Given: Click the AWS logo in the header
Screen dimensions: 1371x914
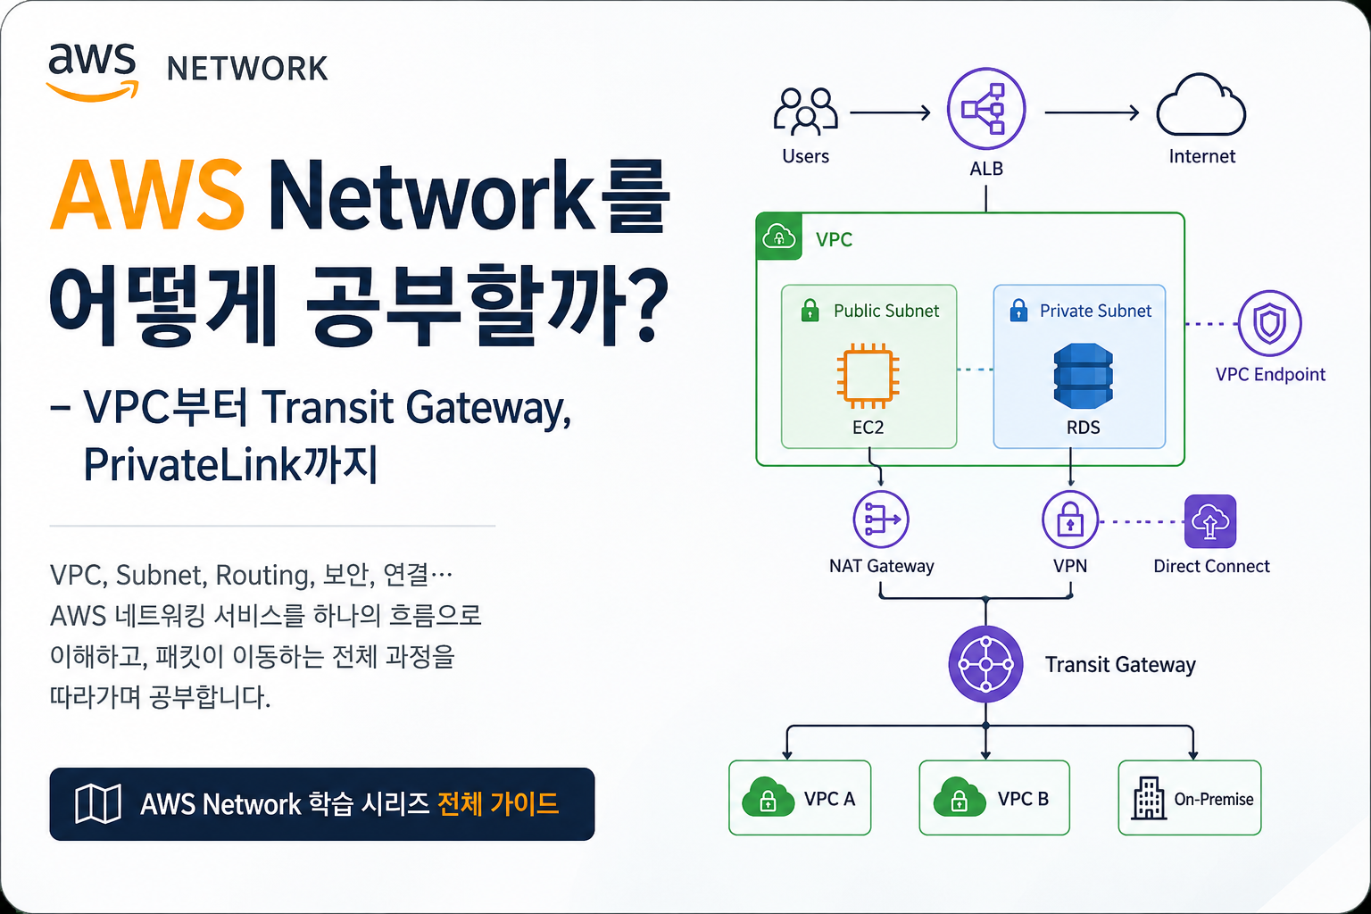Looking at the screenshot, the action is (x=93, y=72).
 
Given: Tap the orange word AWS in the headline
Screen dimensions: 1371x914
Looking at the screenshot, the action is (x=147, y=195).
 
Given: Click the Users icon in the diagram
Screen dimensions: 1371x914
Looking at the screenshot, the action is (x=805, y=112).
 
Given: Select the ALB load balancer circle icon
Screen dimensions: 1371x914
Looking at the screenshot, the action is (x=986, y=108).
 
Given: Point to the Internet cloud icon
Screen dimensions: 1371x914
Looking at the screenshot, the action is (x=1201, y=104).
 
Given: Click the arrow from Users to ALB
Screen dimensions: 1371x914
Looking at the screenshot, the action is (x=890, y=112).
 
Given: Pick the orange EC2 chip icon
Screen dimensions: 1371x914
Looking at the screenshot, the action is (x=868, y=376).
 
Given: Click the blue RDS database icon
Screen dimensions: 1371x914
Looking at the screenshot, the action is (x=1083, y=376).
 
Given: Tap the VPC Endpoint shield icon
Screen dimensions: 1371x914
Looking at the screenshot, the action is (x=1269, y=323).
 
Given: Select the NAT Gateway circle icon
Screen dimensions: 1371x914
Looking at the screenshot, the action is (x=881, y=519).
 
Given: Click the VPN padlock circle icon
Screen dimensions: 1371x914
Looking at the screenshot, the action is (x=1070, y=519).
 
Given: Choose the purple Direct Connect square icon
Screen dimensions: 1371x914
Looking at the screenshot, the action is (x=1210, y=521).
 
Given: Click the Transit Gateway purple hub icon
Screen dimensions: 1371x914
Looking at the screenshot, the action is (x=985, y=664).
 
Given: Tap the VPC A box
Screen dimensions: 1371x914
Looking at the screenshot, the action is (x=800, y=798).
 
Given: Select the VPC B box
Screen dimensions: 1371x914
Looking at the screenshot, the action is (x=994, y=798).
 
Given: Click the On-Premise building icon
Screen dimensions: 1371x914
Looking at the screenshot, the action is (x=1148, y=798).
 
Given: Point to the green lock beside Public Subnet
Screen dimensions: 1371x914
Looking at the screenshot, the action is (x=810, y=311).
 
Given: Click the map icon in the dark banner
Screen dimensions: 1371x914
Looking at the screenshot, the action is (x=98, y=804).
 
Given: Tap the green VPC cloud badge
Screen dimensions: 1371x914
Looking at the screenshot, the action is (x=778, y=236).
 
